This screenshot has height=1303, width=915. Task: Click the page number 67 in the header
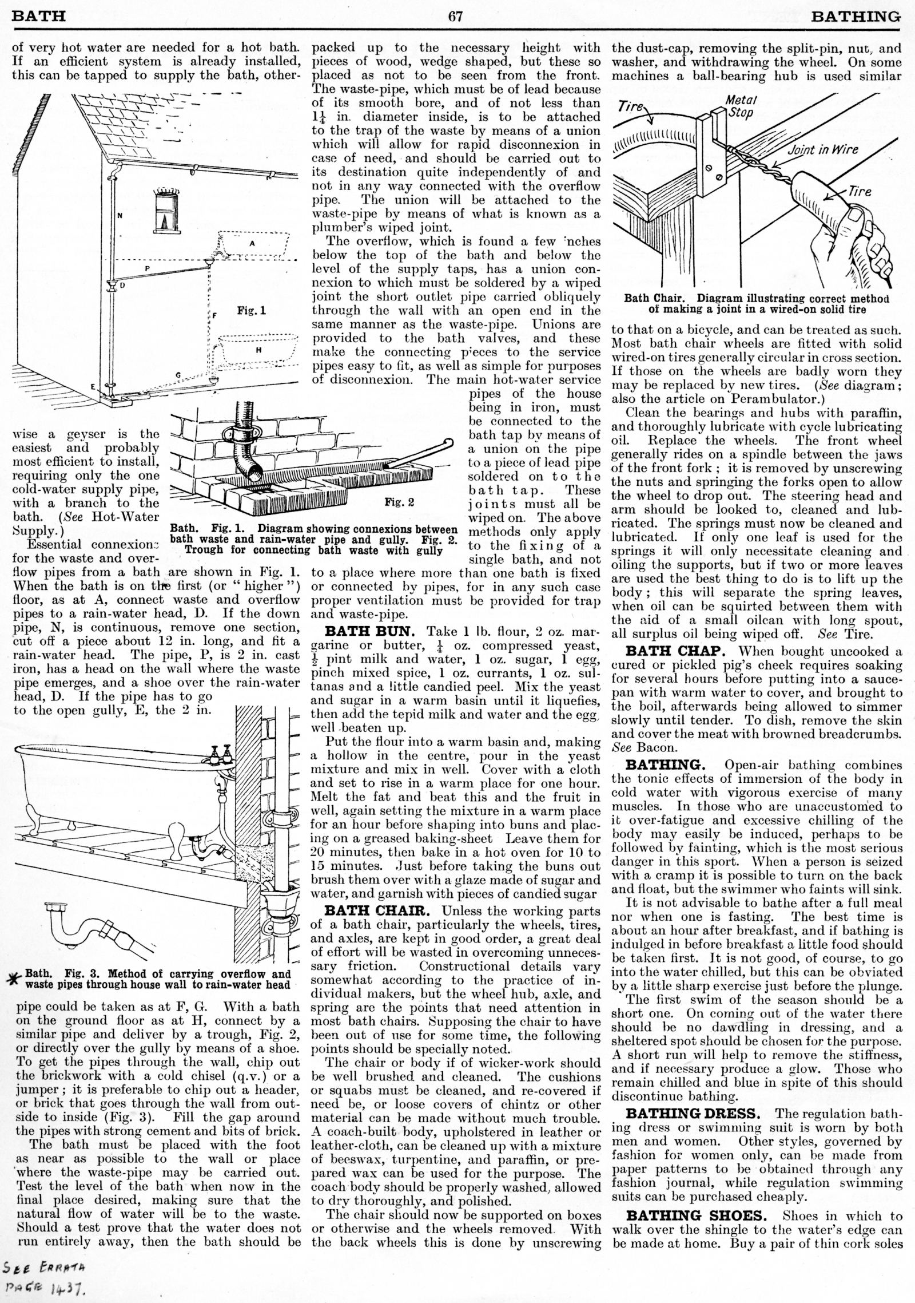click(x=455, y=16)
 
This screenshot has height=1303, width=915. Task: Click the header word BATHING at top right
click(x=856, y=16)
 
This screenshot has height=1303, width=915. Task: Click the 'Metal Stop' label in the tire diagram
click(x=740, y=106)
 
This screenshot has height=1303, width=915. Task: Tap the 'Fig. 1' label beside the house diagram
click(x=252, y=312)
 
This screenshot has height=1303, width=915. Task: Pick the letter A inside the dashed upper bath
click(x=252, y=243)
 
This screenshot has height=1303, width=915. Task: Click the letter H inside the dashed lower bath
click(x=258, y=350)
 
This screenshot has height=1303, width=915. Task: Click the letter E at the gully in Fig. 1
click(x=92, y=387)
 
